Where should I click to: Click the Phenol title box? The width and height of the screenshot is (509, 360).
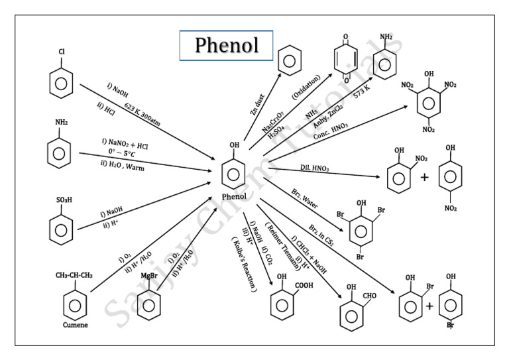point(226,45)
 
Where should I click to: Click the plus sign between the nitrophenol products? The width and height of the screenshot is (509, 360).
point(424,178)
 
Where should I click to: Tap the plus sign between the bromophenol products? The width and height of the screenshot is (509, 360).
point(429,306)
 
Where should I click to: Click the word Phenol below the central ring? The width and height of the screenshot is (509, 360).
point(235,196)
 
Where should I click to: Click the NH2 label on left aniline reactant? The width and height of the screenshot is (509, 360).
point(61,123)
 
